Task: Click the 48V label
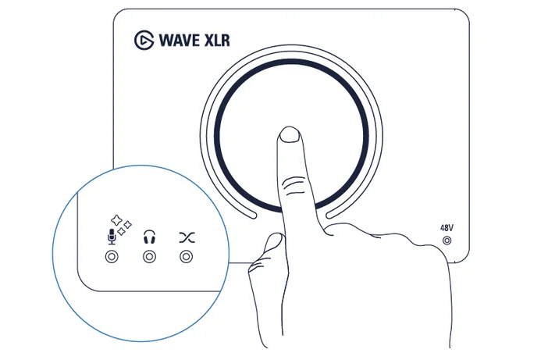coord(447,228)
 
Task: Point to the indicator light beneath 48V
coord(447,241)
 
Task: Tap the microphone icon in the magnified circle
coord(111,236)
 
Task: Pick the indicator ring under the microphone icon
coord(111,256)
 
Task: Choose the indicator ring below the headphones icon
coord(148,256)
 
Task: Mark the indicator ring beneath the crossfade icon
coord(185,256)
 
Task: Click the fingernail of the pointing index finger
coord(290,136)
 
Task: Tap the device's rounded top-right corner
coord(464,15)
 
